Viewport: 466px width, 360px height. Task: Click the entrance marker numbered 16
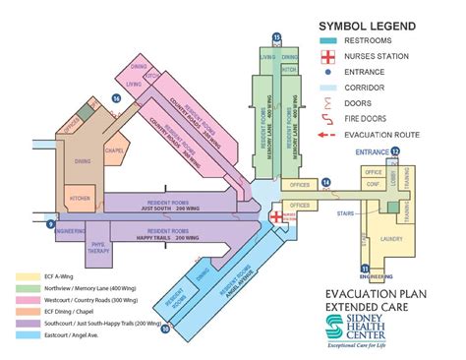point(117,98)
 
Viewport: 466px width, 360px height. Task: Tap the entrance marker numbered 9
point(51,225)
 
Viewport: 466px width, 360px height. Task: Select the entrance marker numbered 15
point(277,36)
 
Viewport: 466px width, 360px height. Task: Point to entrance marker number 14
point(326,182)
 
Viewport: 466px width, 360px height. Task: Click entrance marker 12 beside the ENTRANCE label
point(395,150)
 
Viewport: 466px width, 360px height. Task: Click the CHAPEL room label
point(114,152)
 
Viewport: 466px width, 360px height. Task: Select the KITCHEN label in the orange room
point(80,198)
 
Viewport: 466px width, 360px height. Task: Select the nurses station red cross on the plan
point(277,215)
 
